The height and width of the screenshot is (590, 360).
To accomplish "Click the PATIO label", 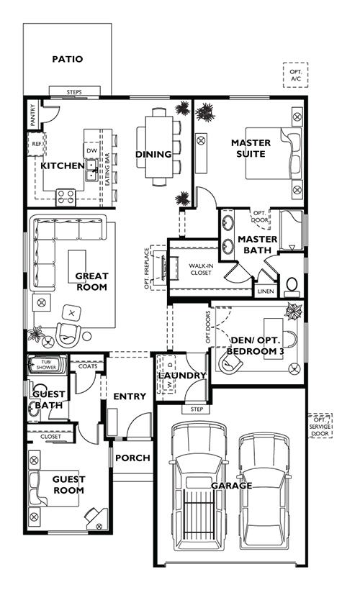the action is point(68,59).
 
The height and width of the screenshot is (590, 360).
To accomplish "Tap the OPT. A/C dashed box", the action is point(296,76).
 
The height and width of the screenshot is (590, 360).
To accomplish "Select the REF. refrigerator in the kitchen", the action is point(37,144).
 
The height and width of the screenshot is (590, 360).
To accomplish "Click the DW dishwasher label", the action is point(92,150).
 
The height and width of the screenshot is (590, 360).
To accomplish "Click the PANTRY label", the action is point(33,115).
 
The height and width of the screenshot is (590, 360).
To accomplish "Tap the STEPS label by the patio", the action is point(74,92).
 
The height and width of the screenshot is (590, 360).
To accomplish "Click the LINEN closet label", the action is point(266,291).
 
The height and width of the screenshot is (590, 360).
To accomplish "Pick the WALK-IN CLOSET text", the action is point(201,269).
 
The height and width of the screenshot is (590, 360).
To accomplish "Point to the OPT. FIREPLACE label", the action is point(147,268).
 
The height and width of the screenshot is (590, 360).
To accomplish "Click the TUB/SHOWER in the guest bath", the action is point(47,365).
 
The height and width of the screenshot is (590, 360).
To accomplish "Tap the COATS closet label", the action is point(88,366).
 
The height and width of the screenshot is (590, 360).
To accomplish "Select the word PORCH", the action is point(132,458).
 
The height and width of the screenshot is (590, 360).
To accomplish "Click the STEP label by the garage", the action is point(197,409).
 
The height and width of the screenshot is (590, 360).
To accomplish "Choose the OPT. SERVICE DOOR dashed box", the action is point(320,426).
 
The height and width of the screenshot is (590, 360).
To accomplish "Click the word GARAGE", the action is point(231,486).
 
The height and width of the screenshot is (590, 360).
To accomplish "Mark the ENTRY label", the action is point(130,396).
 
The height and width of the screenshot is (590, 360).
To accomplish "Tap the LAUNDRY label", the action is point(182,376).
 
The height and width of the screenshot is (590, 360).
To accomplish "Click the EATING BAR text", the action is point(108,169).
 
